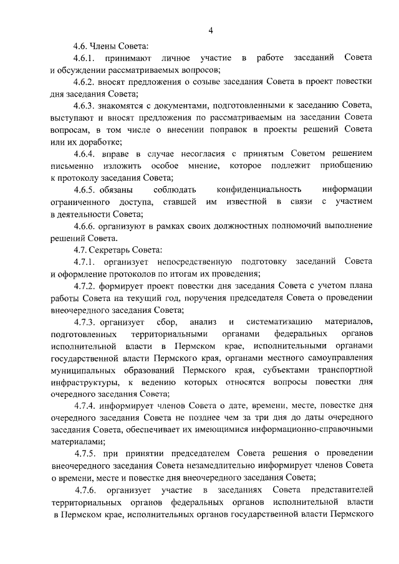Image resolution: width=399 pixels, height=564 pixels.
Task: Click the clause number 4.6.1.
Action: click(85, 58)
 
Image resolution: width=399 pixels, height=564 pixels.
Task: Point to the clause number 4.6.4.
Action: click(85, 153)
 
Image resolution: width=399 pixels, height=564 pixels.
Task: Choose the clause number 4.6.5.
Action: click(85, 189)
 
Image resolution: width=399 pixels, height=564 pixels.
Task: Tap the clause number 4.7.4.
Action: click(85, 405)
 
